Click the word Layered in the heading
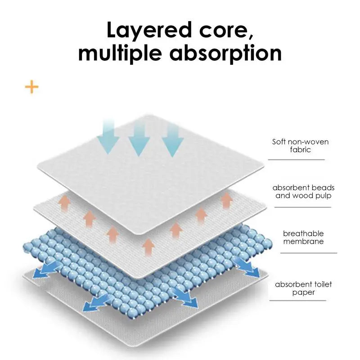point(149,30)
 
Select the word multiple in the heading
point(120,53)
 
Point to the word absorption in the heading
point(225,53)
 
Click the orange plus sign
point(31,87)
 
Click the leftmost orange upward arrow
point(64,202)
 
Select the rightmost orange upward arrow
point(227,201)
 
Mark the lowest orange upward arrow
point(148,247)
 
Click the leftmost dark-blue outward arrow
point(44,271)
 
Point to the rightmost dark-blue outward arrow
point(247,267)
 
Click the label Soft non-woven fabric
point(300,145)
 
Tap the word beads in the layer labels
point(323,188)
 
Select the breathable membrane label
point(303,238)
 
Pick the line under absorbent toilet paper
point(298,300)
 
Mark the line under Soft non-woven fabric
point(297,160)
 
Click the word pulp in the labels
point(323,196)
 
